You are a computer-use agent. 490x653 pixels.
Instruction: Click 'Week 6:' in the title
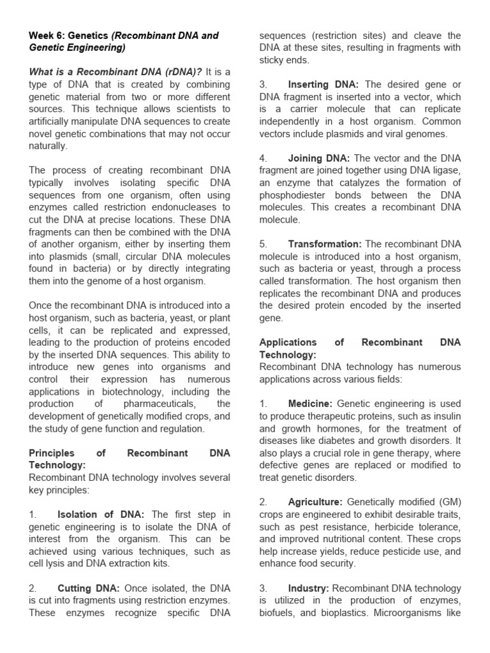pos(47,36)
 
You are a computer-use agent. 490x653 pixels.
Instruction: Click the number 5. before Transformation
pos(263,244)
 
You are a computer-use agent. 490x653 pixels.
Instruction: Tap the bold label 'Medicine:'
pos(310,404)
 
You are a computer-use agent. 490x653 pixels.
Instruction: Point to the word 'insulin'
pos(445,416)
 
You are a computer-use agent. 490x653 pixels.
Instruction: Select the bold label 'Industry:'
pos(308,587)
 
